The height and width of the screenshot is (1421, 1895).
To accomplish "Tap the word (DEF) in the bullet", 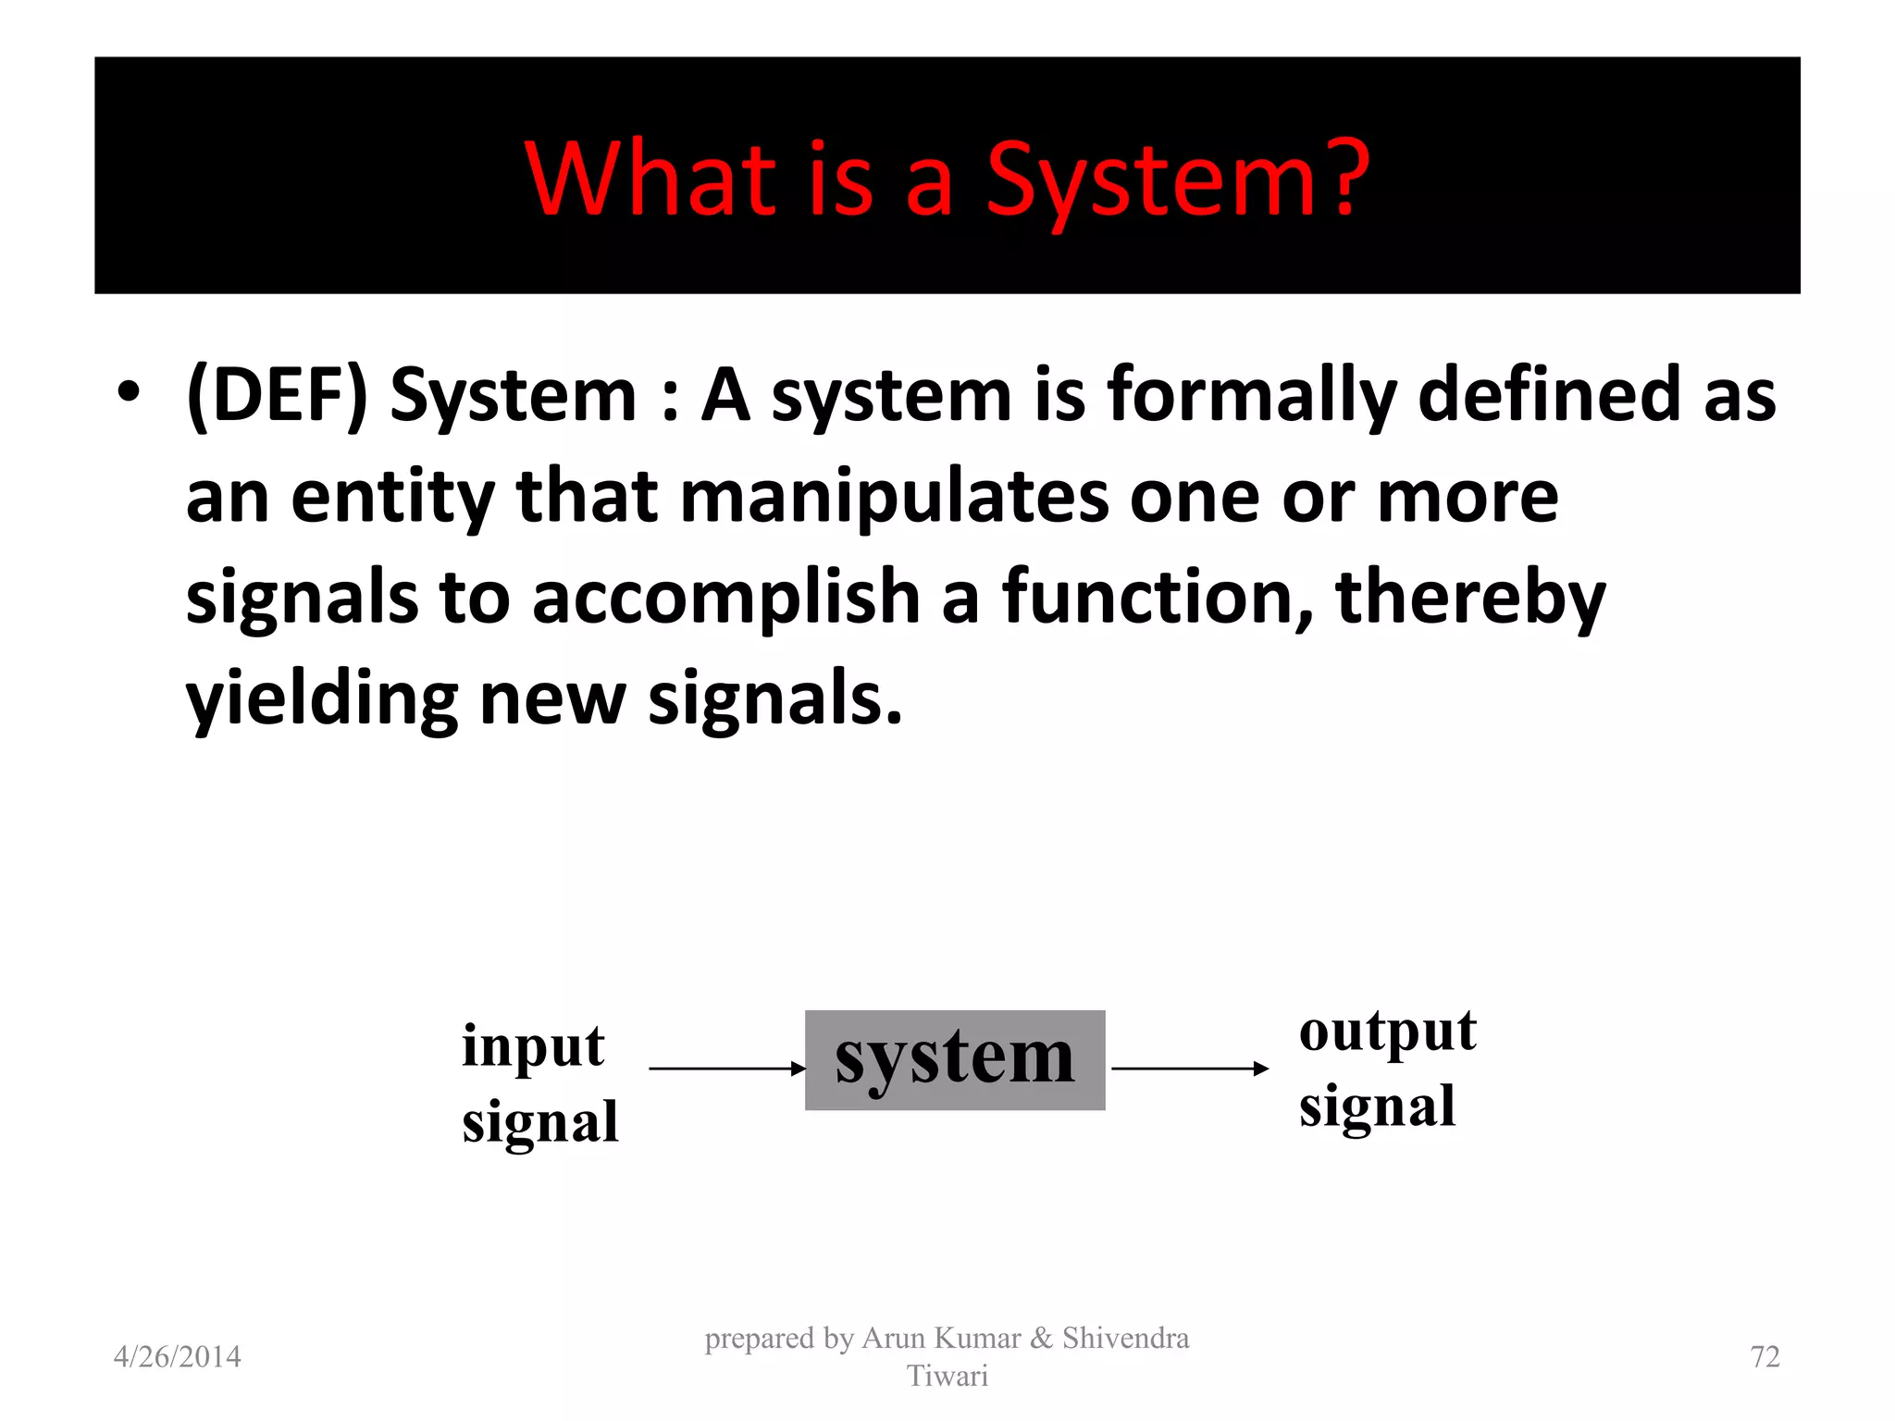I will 277,396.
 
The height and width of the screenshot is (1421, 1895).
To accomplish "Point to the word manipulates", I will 894,497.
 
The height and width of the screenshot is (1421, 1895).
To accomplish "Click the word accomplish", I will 726,598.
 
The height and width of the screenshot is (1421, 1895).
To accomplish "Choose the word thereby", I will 1470,598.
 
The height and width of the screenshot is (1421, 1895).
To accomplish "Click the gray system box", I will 955,1060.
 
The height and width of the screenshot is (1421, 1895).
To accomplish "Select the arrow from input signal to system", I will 727,1069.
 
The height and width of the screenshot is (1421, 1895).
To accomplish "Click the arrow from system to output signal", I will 1190,1069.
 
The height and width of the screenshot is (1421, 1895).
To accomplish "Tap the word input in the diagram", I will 533,1047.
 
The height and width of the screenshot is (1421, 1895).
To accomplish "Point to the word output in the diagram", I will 1387,1031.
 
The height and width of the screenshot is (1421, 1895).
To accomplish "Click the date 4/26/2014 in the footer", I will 177,1356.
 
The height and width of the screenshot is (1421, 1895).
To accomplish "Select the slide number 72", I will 1765,1356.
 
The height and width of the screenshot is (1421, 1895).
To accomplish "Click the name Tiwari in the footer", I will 947,1376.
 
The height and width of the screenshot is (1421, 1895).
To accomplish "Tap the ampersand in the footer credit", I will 1041,1338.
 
